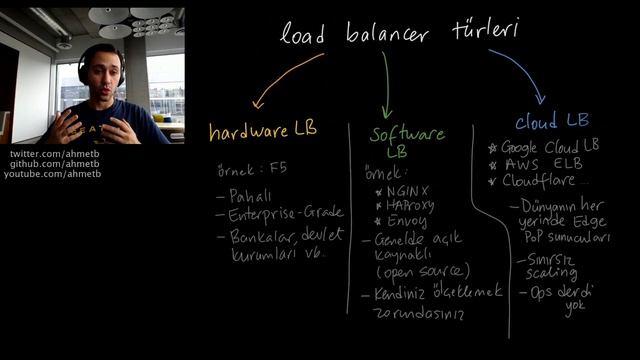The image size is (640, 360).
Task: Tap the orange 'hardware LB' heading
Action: click(x=263, y=131)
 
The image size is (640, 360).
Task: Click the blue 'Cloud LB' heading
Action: click(x=552, y=121)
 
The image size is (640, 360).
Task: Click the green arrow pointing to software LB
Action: click(x=385, y=84)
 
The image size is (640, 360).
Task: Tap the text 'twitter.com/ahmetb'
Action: click(x=49, y=154)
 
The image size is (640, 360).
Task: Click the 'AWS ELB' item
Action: click(x=544, y=164)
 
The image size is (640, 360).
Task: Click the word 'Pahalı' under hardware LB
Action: click(x=250, y=197)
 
